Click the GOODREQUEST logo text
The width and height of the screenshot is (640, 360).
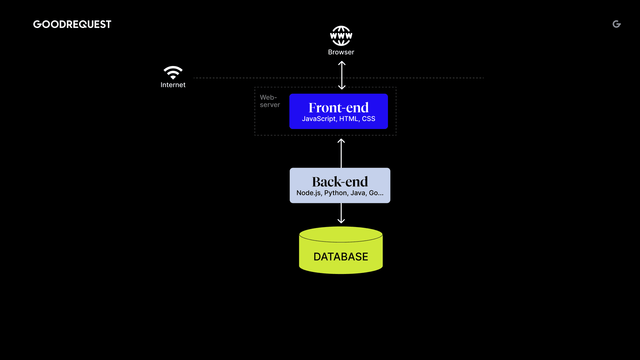click(x=72, y=24)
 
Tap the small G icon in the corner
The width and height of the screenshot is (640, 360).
click(x=617, y=24)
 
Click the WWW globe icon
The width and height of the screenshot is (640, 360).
click(x=341, y=36)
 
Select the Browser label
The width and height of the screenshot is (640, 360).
click(x=341, y=52)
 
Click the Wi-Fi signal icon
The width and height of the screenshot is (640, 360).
click(x=173, y=72)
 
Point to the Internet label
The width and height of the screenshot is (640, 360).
click(x=173, y=85)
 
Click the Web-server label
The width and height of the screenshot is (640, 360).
click(x=270, y=101)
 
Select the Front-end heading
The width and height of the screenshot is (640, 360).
click(x=339, y=108)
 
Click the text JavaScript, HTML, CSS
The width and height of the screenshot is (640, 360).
click(x=339, y=119)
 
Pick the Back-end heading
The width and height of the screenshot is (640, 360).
click(x=340, y=182)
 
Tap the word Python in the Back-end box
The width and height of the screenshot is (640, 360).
click(x=336, y=193)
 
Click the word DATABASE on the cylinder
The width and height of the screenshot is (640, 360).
click(x=341, y=257)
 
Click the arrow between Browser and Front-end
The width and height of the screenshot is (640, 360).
click(x=342, y=75)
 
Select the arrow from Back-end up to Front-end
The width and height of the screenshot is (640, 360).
click(x=341, y=153)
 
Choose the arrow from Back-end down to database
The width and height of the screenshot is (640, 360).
click(x=341, y=213)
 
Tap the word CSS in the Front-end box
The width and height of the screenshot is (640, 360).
click(x=369, y=119)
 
